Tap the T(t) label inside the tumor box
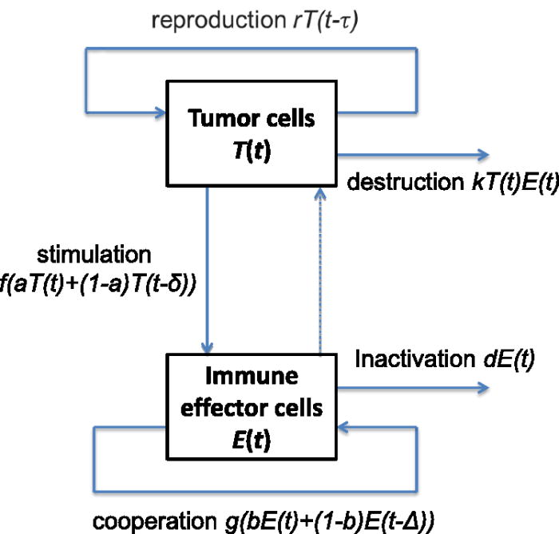click(251, 150)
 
